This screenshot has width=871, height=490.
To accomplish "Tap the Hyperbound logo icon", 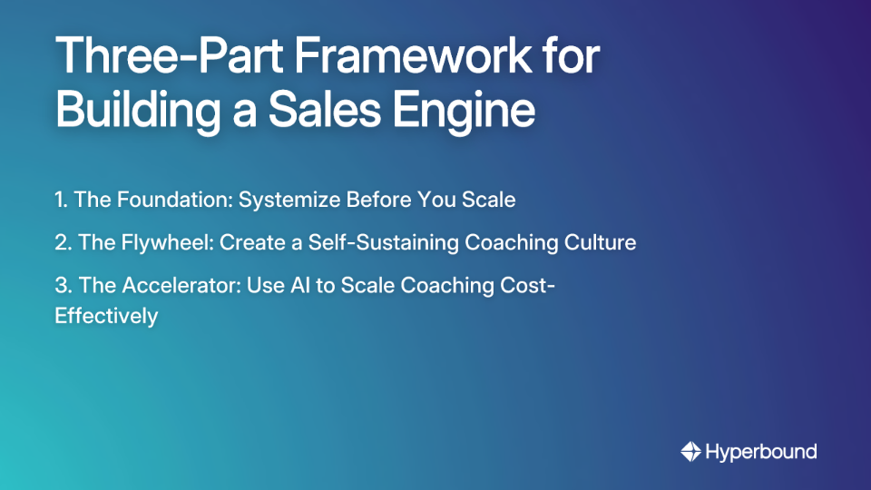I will point(690,451).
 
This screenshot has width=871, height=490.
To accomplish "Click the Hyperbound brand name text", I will point(761,451).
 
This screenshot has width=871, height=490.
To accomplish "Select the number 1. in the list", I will point(62,200).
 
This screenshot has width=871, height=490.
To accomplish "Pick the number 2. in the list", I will point(64,242).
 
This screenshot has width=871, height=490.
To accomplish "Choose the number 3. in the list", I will point(64,285).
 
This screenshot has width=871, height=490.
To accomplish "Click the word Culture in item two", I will point(601,242).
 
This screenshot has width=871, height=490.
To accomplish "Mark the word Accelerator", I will point(170,285).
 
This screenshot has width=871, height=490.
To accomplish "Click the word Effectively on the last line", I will point(106,316).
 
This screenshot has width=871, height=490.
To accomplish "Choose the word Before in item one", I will point(384,200).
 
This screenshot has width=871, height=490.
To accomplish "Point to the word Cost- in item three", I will point(528,285).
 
